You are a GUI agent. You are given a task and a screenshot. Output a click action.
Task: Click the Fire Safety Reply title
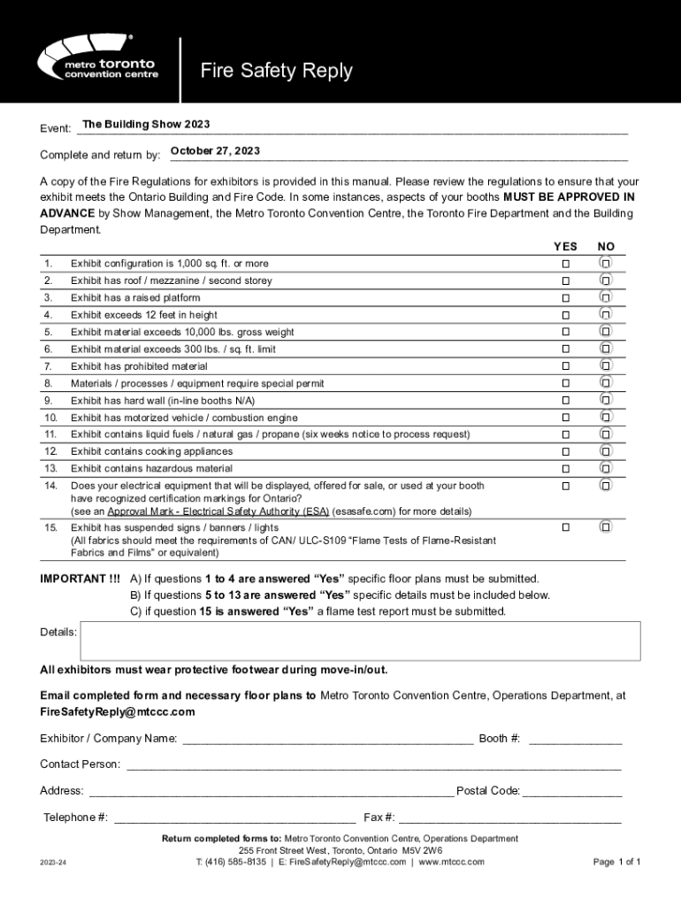click(x=276, y=71)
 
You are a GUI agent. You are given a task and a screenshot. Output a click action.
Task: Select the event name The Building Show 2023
click(x=146, y=124)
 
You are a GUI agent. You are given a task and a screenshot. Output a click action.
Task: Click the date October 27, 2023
click(x=215, y=150)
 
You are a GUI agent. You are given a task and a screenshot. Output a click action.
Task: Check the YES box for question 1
click(x=565, y=264)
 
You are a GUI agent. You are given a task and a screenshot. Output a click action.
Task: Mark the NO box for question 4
click(x=606, y=315)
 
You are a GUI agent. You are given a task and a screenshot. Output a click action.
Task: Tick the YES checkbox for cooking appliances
click(x=565, y=451)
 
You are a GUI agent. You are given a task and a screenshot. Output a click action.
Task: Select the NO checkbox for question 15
click(x=606, y=527)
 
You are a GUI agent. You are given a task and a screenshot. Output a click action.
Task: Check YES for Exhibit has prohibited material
click(x=565, y=366)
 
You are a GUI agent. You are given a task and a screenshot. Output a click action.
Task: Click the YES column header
click(x=565, y=246)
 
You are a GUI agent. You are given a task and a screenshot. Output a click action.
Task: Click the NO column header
click(x=606, y=246)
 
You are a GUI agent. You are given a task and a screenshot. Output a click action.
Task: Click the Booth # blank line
click(x=575, y=739)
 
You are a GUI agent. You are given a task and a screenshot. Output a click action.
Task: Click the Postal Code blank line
click(x=572, y=791)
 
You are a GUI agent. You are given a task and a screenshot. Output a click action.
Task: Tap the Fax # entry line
click(x=509, y=818)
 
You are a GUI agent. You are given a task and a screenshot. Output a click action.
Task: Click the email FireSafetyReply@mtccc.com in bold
click(x=118, y=712)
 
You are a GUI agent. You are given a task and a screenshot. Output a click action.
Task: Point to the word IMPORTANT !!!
click(x=80, y=579)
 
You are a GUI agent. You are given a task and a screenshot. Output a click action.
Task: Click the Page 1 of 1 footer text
click(x=616, y=862)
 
